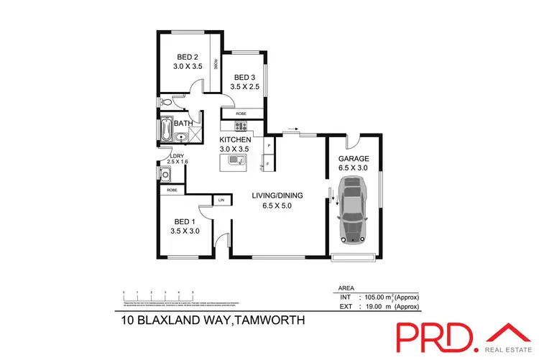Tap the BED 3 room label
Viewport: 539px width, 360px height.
point(244,78)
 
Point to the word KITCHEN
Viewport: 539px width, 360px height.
point(235,139)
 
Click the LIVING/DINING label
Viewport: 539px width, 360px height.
point(277,195)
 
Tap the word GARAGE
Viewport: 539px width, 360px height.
point(353,159)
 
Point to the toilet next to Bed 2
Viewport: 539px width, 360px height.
point(165,102)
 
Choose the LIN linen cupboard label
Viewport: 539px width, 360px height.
point(221,199)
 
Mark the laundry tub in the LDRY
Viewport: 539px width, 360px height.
point(165,173)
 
